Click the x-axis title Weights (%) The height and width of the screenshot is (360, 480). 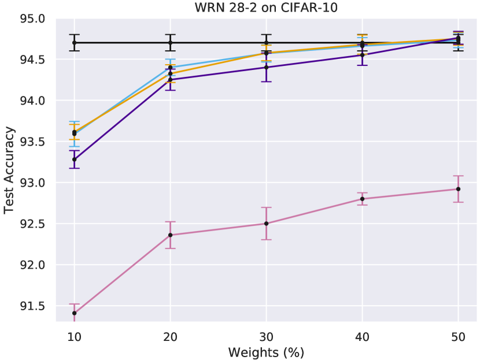[x=266, y=352]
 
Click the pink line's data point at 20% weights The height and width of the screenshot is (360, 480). [x=170, y=235]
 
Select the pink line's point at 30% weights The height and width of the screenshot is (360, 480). [x=266, y=224]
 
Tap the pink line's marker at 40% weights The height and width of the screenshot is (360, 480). [x=362, y=199]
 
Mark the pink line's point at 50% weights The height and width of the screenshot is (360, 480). [x=458, y=189]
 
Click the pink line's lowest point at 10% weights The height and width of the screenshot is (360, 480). [x=74, y=313]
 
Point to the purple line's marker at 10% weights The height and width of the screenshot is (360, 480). [x=74, y=159]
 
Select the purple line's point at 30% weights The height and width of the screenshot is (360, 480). [x=266, y=68]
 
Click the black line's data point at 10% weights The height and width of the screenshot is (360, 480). [x=74, y=43]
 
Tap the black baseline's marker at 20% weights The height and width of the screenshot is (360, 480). [x=170, y=43]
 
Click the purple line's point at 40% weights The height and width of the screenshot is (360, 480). [x=362, y=55]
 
